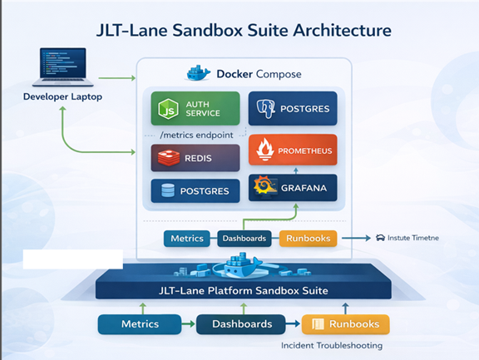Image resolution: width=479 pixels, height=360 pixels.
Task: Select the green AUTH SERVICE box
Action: pos(195,108)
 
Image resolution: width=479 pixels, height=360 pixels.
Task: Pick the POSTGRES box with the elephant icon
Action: pos(292,108)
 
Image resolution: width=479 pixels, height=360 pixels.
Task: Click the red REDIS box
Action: pos(195,158)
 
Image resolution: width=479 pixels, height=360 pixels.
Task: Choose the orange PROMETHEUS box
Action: pos(293,150)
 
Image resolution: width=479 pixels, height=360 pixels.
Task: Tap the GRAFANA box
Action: pos(293,189)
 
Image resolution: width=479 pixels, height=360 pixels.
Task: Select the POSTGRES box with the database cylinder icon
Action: pos(195,191)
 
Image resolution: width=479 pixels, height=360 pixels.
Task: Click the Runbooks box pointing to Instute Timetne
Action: pos(307,239)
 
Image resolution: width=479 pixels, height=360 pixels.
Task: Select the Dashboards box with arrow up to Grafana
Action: pos(244,239)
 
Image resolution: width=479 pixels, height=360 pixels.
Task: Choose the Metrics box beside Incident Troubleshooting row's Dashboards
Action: pos(139,324)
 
